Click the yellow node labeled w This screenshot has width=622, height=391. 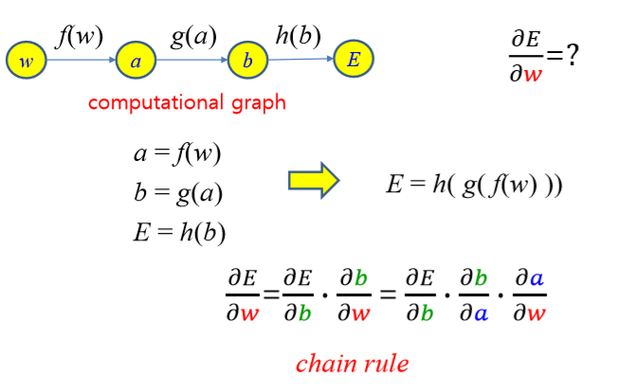coord(27,62)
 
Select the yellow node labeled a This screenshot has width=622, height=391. coord(137,62)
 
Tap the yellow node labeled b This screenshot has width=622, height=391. coord(247,62)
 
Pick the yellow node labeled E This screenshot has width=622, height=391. coord(354,60)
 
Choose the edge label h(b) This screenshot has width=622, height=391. coord(299,36)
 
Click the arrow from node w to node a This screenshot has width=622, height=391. coord(82,62)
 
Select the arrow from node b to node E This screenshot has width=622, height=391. coord(301,61)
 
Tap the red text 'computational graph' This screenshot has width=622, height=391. coord(187,102)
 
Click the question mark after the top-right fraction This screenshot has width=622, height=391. coord(569,54)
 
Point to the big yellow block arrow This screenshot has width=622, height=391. coord(313,180)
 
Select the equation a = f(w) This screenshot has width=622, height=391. coord(177,154)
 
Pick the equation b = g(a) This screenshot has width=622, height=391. coord(178,193)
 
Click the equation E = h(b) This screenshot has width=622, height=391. coord(179,232)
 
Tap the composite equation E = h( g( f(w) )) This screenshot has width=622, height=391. coord(474,185)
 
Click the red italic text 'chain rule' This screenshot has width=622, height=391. coord(352,363)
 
